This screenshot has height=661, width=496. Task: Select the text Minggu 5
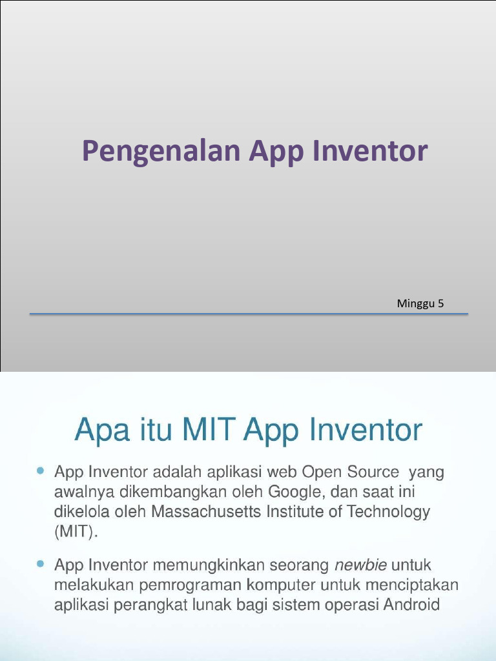tap(420, 303)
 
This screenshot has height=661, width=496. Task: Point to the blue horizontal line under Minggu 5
tap(249, 314)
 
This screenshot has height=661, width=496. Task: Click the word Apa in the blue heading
tap(98, 431)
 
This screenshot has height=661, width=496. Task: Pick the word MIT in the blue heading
tap(210, 431)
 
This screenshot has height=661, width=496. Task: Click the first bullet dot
tap(41, 472)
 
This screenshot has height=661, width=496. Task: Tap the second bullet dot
tap(41, 564)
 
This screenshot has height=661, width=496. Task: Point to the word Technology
tap(389, 513)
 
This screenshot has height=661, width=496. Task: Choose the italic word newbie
tap(360, 565)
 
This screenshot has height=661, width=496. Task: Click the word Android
tap(411, 605)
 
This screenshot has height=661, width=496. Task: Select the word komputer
tap(276, 585)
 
